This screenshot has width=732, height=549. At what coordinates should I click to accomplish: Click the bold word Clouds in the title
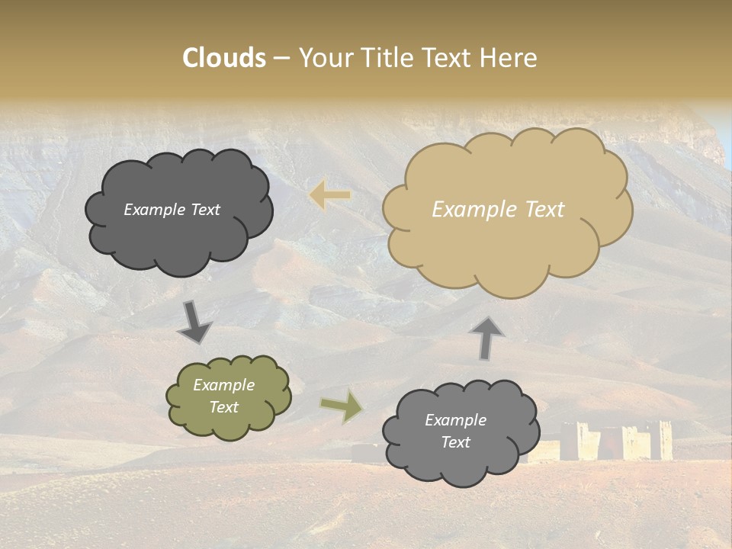click(224, 58)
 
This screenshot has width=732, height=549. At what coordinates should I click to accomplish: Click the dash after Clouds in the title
click(281, 59)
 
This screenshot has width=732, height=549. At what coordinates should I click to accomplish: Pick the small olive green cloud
click(228, 427)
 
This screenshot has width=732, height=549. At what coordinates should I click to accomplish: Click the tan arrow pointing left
click(330, 196)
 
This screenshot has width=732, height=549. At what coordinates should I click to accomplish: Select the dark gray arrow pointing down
click(195, 323)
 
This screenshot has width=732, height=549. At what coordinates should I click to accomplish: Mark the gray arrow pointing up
click(486, 338)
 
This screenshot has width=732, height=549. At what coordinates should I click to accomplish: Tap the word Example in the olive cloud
click(223, 385)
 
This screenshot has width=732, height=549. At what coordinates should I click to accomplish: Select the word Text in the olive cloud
click(224, 407)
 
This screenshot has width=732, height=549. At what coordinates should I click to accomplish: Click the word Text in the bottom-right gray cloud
click(455, 442)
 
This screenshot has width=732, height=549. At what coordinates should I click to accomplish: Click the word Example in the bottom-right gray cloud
click(455, 420)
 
